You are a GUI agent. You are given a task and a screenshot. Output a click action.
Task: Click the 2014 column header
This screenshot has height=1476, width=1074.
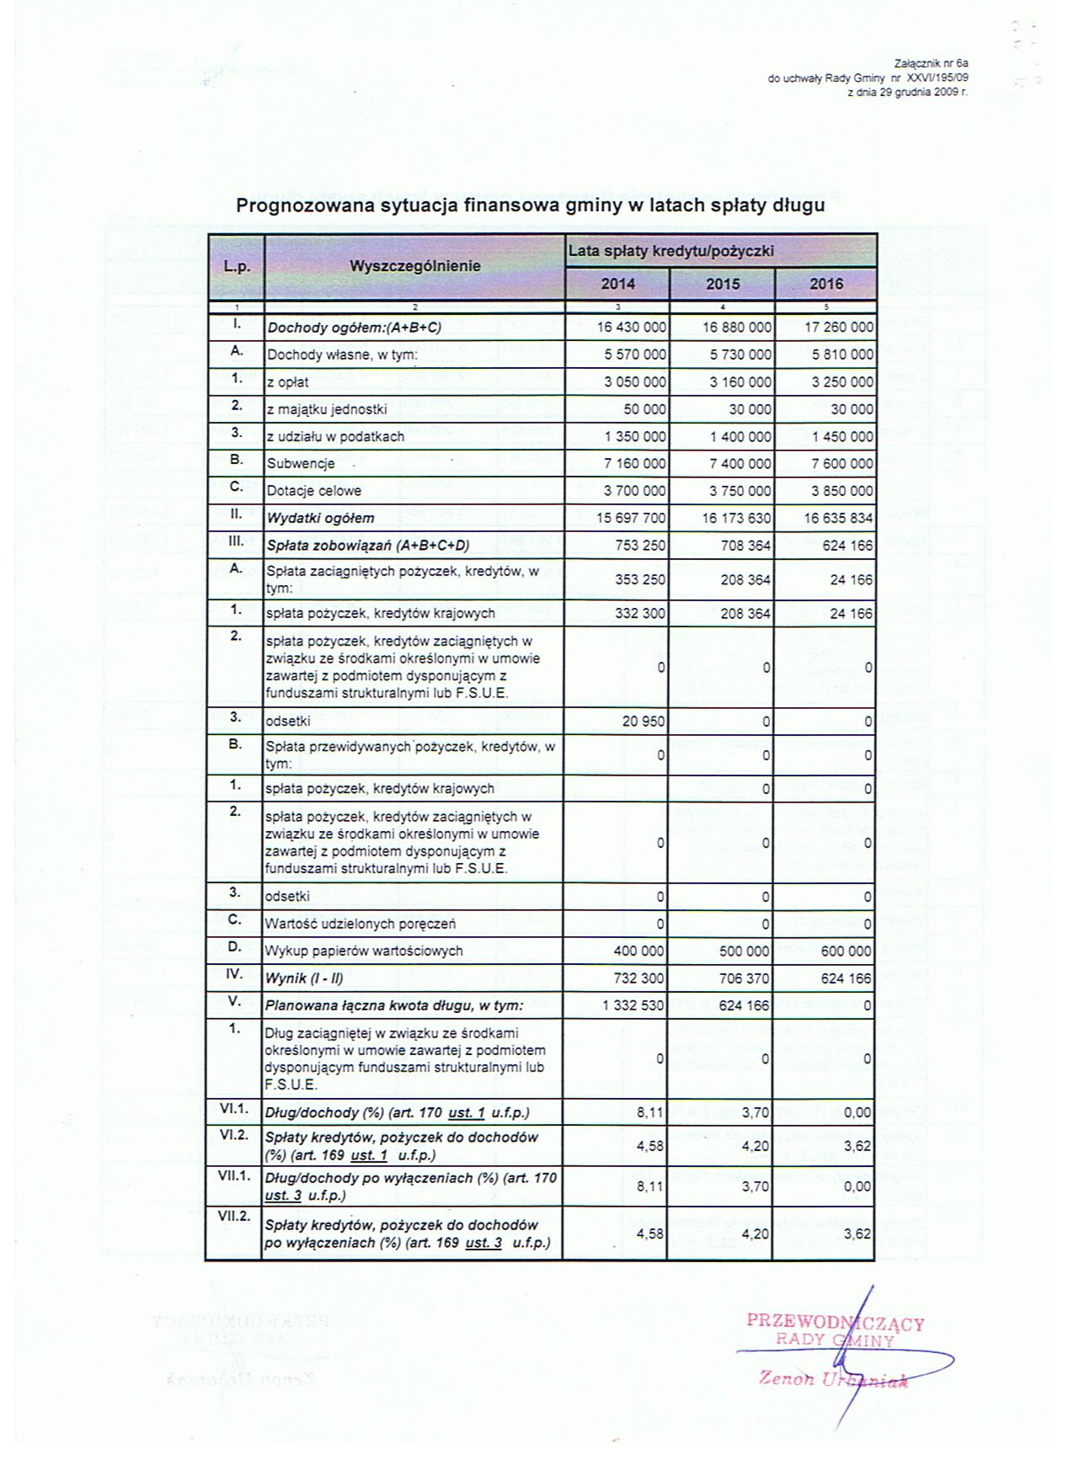(617, 284)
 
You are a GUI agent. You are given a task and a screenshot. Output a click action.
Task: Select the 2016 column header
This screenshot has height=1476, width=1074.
(826, 284)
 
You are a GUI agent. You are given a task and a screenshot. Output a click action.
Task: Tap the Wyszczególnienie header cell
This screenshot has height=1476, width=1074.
(414, 266)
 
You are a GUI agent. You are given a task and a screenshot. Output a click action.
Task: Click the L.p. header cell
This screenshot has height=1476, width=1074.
(237, 266)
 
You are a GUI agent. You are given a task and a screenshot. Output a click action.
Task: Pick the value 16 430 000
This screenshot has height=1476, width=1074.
(632, 328)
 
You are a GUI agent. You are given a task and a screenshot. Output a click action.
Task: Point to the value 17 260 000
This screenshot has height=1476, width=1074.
(839, 328)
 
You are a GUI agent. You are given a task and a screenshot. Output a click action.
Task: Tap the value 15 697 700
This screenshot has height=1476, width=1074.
(632, 518)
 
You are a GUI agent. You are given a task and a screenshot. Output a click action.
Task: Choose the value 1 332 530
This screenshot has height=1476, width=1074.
(633, 1005)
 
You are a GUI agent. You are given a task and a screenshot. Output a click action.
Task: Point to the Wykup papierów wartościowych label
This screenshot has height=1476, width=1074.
(364, 951)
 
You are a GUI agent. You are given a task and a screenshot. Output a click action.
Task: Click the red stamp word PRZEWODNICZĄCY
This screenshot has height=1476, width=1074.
(835, 1323)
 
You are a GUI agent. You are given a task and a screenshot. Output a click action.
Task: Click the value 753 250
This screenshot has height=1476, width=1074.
(640, 546)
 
